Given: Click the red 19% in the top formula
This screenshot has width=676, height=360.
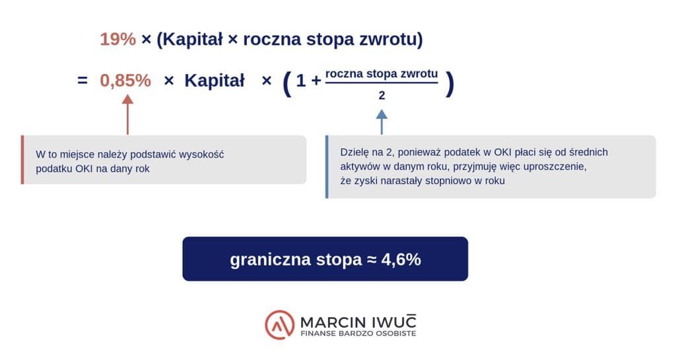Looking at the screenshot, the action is pyautogui.click(x=118, y=39).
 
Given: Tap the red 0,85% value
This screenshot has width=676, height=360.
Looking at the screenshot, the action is pyautogui.click(x=125, y=81).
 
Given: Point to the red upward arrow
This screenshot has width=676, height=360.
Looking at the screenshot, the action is pyautogui.click(x=127, y=115).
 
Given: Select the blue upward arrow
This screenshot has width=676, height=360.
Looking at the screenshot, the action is pyautogui.click(x=382, y=122).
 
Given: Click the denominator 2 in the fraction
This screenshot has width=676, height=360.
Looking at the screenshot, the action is pyautogui.click(x=382, y=95).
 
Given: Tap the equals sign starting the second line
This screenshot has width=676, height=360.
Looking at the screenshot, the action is pyautogui.click(x=83, y=80).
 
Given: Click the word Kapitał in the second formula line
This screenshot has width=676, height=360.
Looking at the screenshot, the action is pyautogui.click(x=215, y=81).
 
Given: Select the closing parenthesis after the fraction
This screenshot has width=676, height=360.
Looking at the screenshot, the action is pyautogui.click(x=450, y=84).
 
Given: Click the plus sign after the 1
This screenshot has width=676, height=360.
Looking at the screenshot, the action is pyautogui.click(x=316, y=81).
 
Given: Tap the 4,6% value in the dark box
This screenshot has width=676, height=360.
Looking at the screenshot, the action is pyautogui.click(x=401, y=260).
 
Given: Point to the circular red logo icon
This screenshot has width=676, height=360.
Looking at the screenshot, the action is pyautogui.click(x=280, y=324).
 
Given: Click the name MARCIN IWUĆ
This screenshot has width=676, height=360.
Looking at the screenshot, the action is pyautogui.click(x=358, y=322).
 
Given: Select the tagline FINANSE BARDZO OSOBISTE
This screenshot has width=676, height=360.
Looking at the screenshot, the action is pyautogui.click(x=358, y=334).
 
